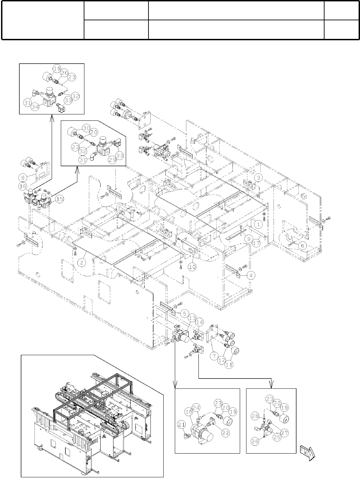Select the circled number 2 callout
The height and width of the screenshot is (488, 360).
tap(82, 263)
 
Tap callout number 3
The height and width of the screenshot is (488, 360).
tap(259, 178)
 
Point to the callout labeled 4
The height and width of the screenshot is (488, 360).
tap(252, 276)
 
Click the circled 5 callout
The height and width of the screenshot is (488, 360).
tap(185, 314)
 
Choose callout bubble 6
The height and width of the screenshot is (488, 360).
tap(302, 245)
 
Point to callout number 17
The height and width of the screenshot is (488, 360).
tap(255, 242)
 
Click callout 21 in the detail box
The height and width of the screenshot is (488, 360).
tap(182, 425)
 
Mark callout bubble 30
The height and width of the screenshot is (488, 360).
tap(77, 127)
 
